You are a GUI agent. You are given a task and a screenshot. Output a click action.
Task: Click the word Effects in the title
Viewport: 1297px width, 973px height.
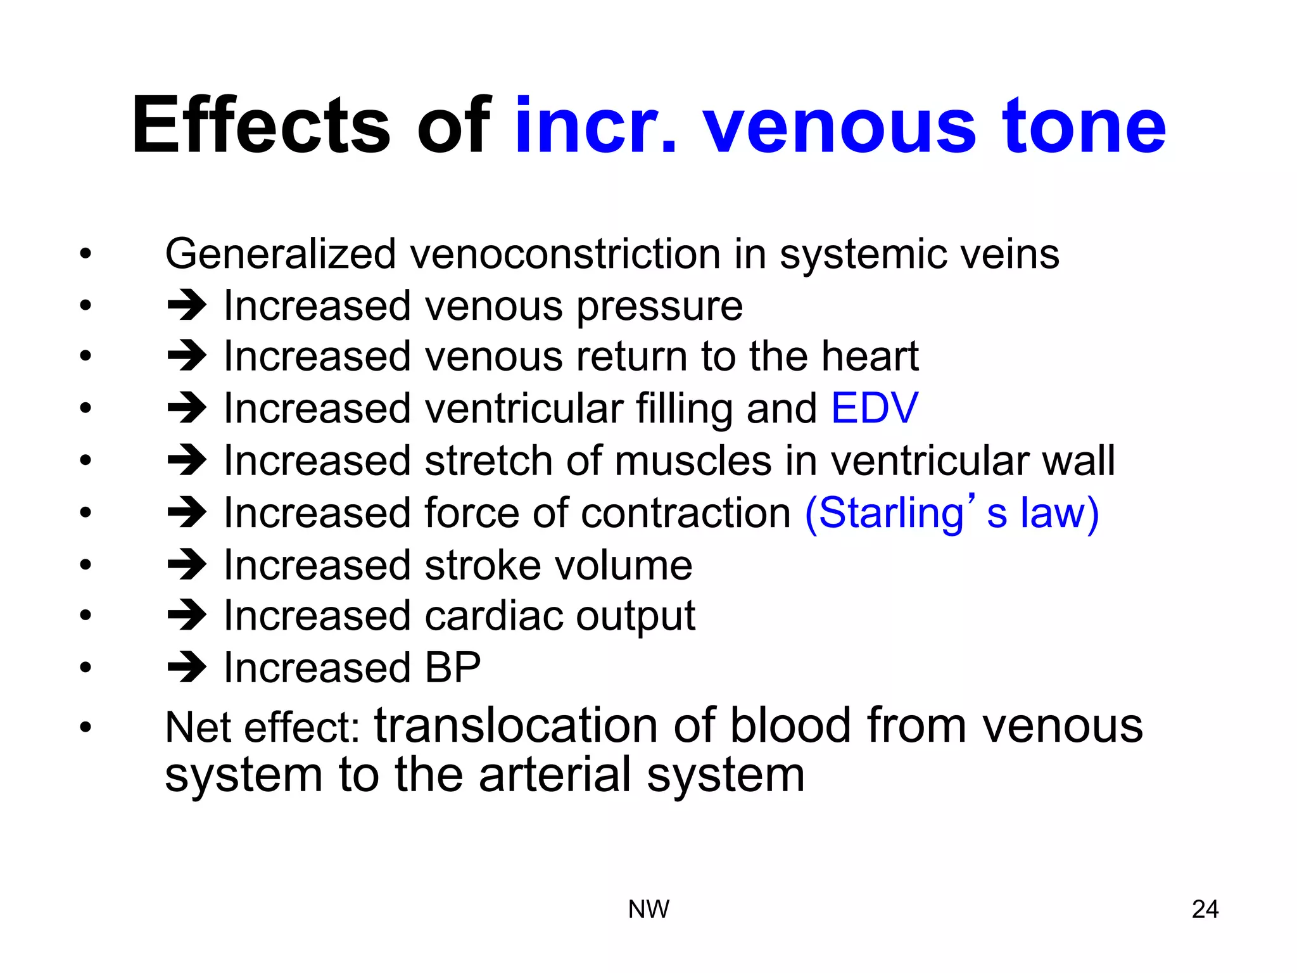(260, 125)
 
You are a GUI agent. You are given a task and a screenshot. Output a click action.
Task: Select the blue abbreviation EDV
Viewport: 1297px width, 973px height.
(874, 408)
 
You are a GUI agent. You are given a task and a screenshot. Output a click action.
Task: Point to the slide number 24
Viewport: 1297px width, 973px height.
(1205, 909)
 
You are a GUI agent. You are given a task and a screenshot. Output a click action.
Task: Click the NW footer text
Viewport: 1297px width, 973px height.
(648, 909)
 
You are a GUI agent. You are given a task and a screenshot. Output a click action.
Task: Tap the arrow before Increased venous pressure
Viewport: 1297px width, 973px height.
(186, 305)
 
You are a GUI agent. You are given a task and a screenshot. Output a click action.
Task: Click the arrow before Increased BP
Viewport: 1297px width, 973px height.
(186, 667)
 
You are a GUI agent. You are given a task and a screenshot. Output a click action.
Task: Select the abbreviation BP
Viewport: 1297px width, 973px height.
(453, 668)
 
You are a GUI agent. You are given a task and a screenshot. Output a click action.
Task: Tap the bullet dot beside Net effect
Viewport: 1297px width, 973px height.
(85, 727)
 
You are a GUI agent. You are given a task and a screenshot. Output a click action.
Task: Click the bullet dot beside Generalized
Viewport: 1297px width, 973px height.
(85, 255)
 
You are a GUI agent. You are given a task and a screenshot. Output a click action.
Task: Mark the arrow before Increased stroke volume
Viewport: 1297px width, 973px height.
(186, 564)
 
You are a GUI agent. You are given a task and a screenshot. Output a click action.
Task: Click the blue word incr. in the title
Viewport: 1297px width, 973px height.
(595, 127)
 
